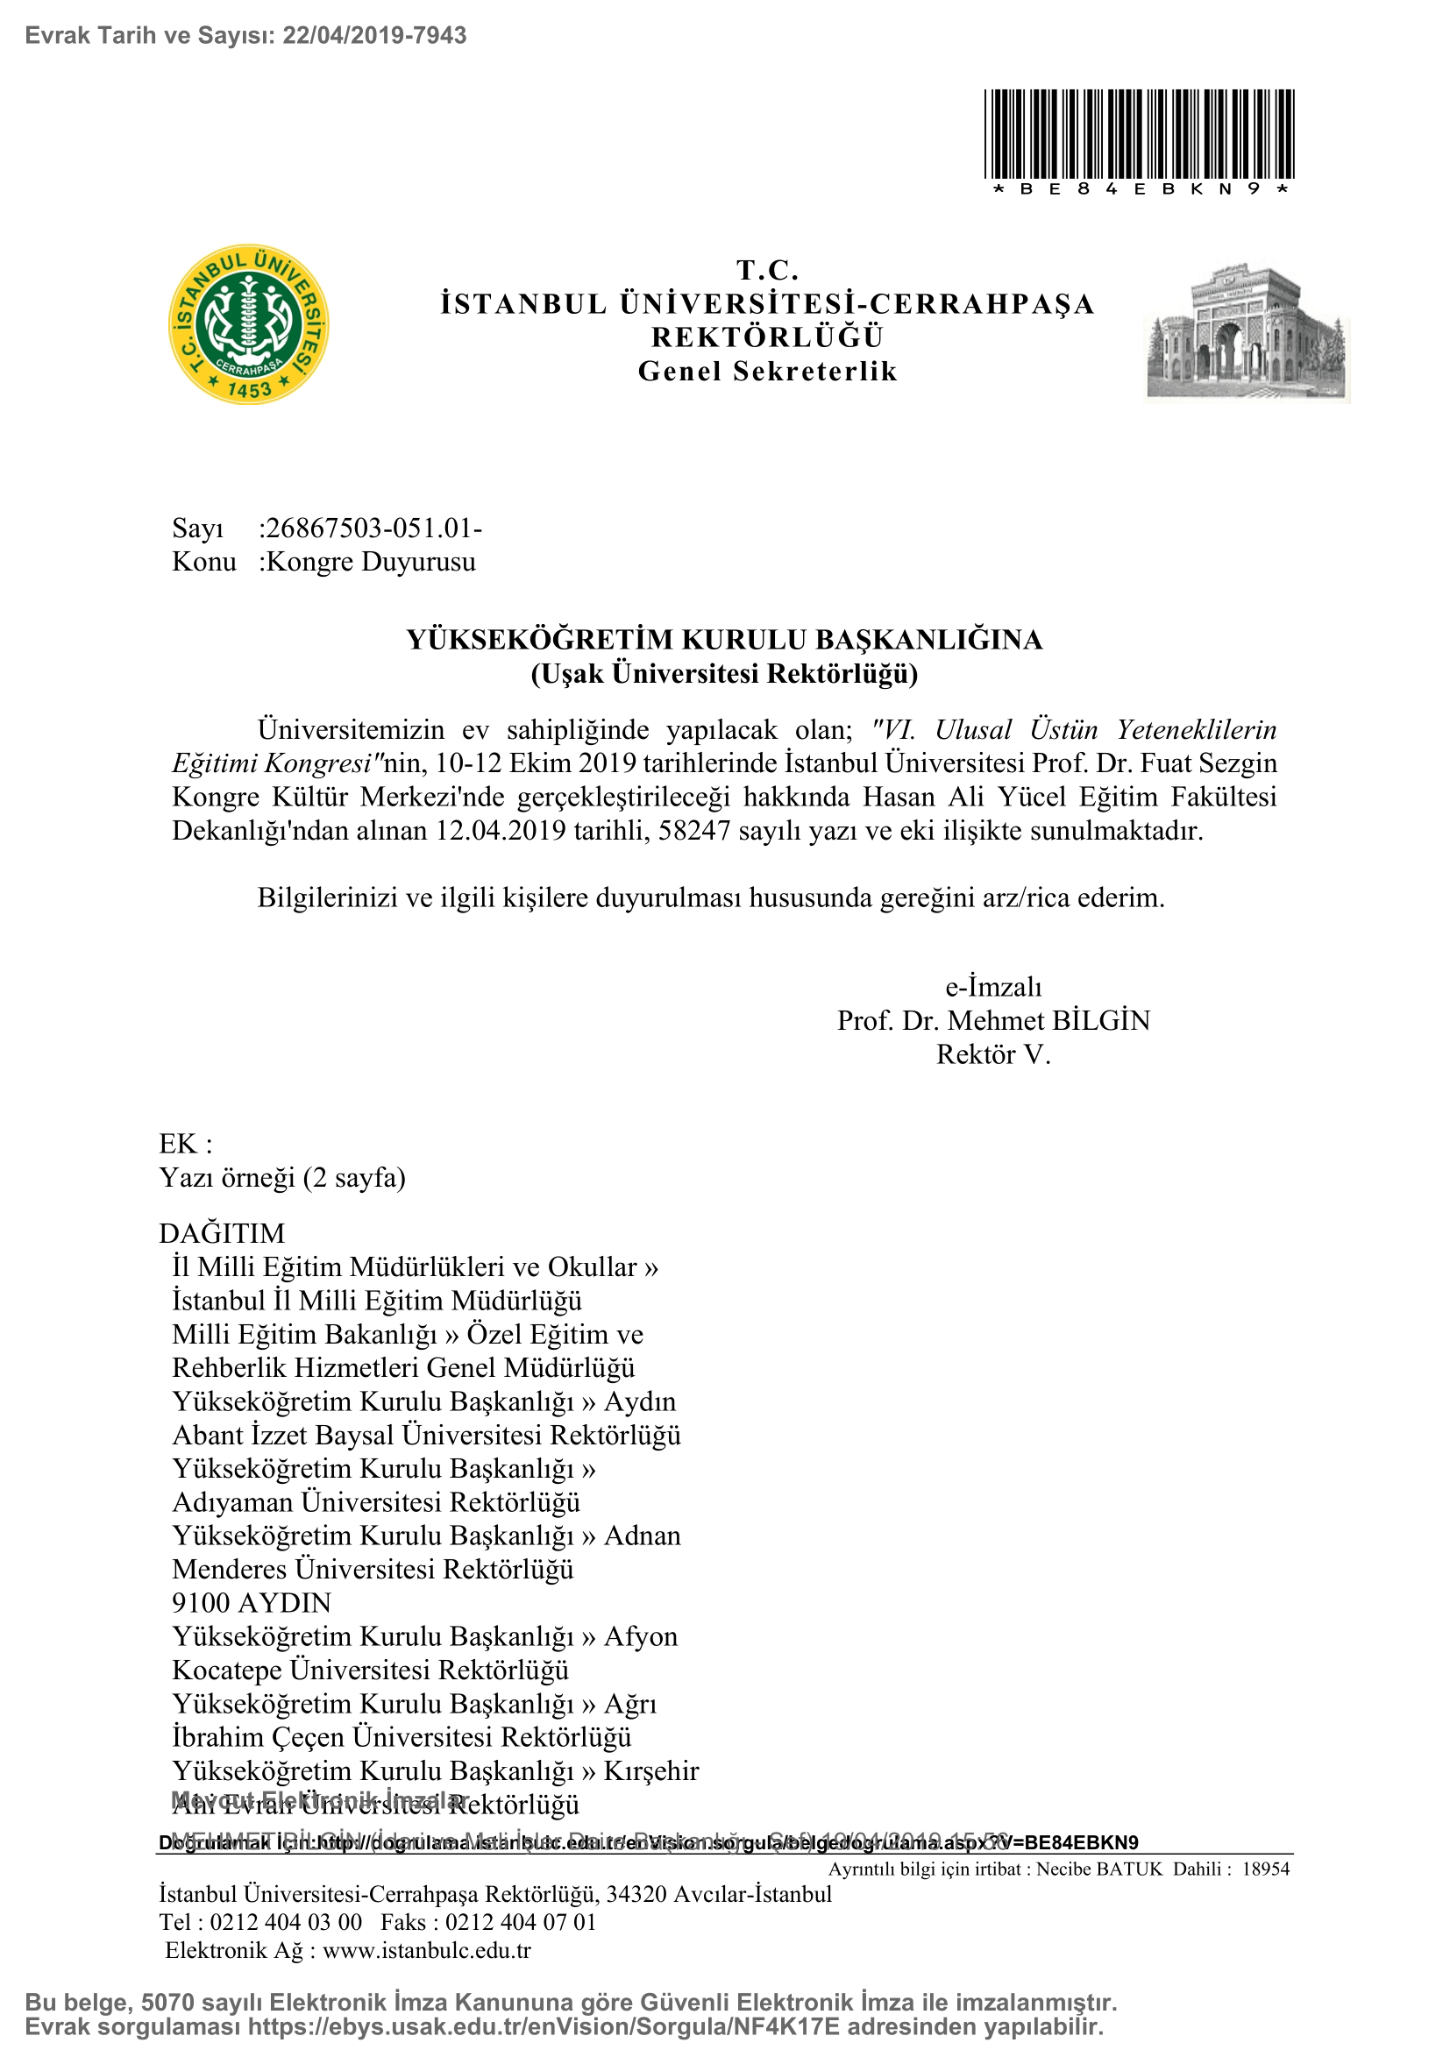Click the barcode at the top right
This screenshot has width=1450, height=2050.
pos(1140,134)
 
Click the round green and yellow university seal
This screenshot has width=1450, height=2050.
pos(248,324)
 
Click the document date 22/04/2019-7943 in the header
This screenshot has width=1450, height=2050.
pos(374,36)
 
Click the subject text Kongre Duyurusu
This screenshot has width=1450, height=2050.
pos(371,563)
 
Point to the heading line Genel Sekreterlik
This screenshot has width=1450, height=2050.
pos(768,372)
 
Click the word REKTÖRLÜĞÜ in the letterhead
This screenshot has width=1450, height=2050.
pos(768,338)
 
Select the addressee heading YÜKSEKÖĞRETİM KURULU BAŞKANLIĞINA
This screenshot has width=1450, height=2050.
pos(724,640)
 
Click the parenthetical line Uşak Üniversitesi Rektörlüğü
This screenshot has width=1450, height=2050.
pos(724,674)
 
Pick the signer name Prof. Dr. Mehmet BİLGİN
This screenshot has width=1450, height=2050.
pos(993,1021)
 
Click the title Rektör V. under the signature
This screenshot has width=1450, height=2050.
pos(993,1055)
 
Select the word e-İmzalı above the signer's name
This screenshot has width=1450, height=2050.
pos(993,988)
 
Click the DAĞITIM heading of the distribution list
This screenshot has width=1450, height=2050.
pos(222,1234)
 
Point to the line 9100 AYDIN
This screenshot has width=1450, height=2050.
pos(252,1604)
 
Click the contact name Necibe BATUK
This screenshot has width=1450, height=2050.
pos(1099,1869)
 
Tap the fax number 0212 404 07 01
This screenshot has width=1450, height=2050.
pos(521,1922)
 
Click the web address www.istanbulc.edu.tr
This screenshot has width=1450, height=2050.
pos(427,1951)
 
